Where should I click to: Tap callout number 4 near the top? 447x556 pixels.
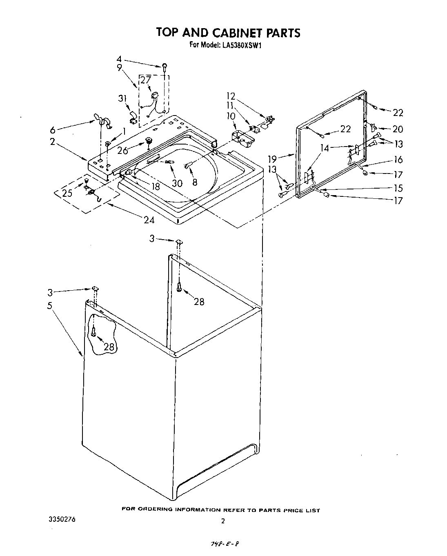click(119, 60)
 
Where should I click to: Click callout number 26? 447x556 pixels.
click(122, 150)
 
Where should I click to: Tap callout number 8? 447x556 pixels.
click(195, 182)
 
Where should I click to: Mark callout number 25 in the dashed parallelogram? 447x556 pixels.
click(67, 193)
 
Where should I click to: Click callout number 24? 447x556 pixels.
click(149, 220)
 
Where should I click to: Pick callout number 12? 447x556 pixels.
click(231, 96)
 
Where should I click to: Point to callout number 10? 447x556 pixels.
click(231, 116)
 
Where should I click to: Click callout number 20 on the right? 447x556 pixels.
click(397, 129)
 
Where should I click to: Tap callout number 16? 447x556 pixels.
click(398, 159)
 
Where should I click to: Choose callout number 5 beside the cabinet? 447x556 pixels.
click(49, 306)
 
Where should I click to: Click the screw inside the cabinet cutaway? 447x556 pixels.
click(93, 331)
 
